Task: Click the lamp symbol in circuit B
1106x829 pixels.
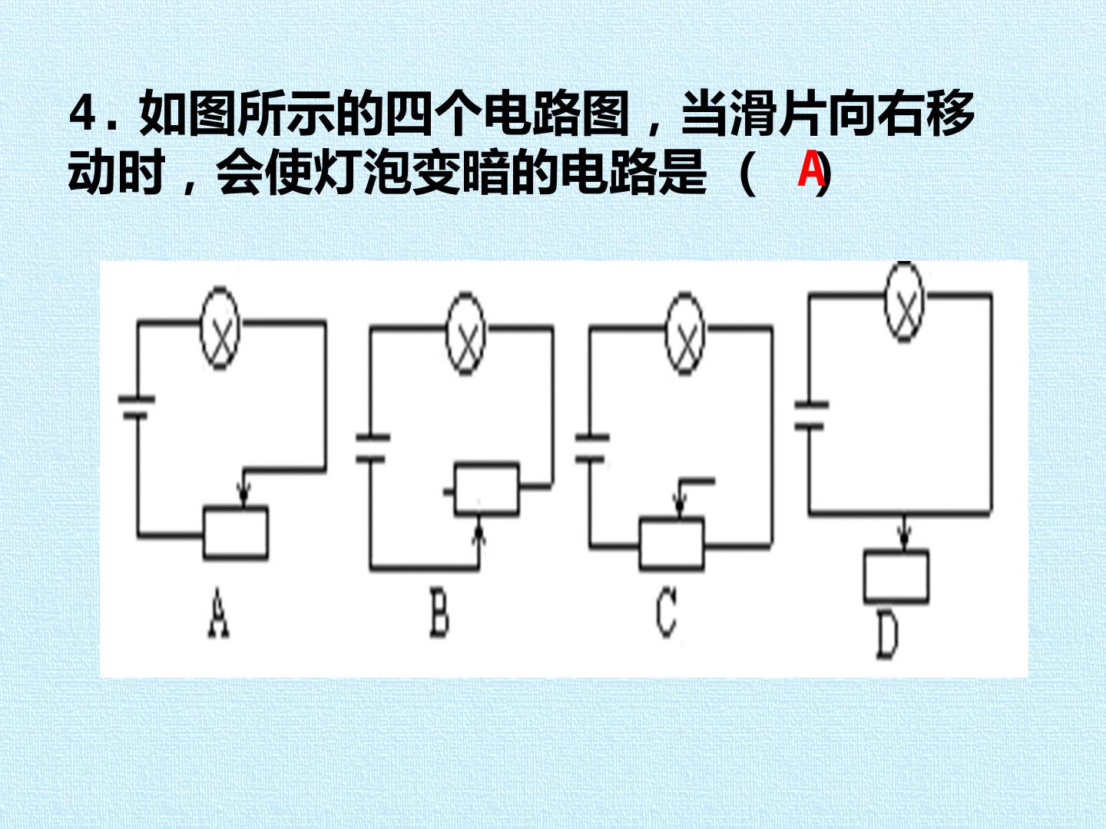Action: click(466, 333)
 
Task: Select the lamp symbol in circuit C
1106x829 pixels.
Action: click(685, 333)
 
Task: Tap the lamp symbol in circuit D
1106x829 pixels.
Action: click(905, 302)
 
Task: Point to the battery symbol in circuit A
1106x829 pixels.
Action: click(137, 408)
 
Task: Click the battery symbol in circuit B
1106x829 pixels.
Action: click(373, 448)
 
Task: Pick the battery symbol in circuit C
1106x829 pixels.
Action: click(592, 448)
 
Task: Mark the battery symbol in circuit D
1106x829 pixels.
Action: click(811, 415)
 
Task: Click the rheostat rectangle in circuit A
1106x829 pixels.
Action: click(235, 533)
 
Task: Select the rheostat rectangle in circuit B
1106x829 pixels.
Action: click(486, 489)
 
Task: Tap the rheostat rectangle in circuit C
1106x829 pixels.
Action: click(671, 544)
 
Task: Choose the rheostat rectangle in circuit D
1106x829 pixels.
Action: click(896, 576)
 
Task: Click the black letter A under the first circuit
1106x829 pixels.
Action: click(219, 613)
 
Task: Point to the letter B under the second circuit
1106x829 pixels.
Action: click(439, 613)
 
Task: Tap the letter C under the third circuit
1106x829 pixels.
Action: click(666, 613)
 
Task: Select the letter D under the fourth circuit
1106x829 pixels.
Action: click(887, 637)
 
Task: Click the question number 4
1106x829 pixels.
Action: click(82, 115)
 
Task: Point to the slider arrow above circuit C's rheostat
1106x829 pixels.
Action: click(680, 498)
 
